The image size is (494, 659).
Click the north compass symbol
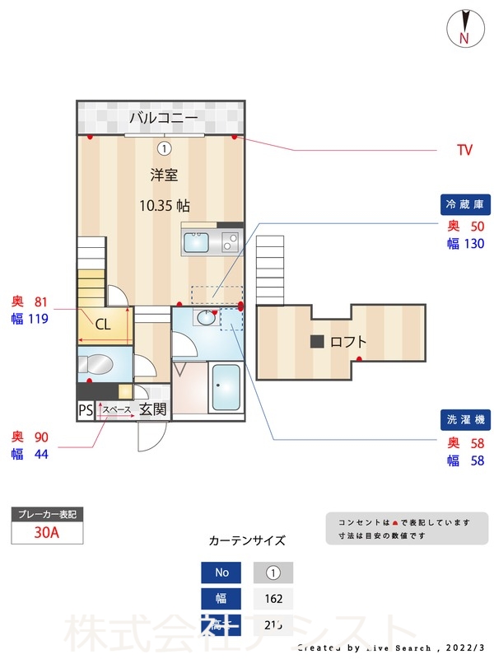[x=464, y=28]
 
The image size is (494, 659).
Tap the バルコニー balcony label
[x=163, y=118]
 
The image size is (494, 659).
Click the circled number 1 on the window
[x=164, y=148]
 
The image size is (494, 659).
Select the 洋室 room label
[x=164, y=175]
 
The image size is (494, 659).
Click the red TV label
[x=464, y=150]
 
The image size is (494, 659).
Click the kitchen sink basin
[x=197, y=243]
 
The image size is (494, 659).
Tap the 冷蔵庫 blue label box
[x=464, y=204]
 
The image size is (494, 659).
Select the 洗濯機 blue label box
[x=464, y=420]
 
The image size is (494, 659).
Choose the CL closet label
[x=103, y=325]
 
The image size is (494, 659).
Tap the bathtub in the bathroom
[x=226, y=388]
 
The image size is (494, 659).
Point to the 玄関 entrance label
[x=152, y=409]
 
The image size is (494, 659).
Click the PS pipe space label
[x=85, y=409]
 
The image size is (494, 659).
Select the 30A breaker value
[x=47, y=532]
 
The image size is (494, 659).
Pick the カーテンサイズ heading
[x=247, y=541]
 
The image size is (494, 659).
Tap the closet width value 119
[x=38, y=319]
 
